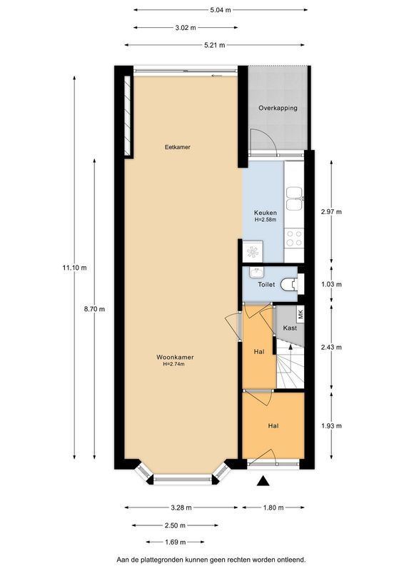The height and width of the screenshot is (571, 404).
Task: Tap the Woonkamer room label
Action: (176, 357)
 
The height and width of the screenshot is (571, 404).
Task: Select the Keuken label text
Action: (266, 213)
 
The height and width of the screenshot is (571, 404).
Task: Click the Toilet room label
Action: (266, 284)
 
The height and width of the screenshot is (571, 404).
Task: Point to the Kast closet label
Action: (290, 328)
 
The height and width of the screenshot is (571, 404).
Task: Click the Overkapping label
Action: (278, 108)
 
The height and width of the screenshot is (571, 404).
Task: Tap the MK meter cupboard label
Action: (301, 313)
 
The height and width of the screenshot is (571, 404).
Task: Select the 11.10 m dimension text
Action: (74, 268)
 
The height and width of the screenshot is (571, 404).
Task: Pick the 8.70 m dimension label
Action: (94, 309)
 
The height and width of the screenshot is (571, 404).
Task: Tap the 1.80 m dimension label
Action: (273, 507)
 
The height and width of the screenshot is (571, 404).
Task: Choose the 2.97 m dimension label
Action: (331, 212)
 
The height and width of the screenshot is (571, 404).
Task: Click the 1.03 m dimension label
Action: (331, 284)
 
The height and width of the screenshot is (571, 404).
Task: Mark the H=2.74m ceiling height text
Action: (173, 365)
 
